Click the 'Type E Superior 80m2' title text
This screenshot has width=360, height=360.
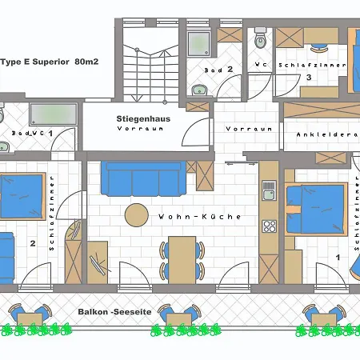(x=50, y=62)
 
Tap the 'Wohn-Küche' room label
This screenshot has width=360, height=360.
(x=199, y=217)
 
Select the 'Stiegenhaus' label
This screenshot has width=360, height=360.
(x=143, y=118)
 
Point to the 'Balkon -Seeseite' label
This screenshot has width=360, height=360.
(x=114, y=312)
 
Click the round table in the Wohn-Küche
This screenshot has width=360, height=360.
(x=137, y=215)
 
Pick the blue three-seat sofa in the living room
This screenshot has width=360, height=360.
(x=143, y=178)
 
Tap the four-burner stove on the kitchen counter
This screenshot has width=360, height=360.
(x=270, y=226)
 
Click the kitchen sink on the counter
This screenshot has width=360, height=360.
(x=269, y=190)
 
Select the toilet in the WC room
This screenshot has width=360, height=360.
(x=260, y=38)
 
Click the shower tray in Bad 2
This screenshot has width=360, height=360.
(x=198, y=44)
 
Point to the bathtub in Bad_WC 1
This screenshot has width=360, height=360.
(x=54, y=114)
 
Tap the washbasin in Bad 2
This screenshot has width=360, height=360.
(x=199, y=90)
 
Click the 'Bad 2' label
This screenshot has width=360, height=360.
(x=218, y=70)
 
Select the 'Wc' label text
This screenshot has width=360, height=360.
(x=261, y=64)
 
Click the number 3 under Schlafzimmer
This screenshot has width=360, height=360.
(x=309, y=78)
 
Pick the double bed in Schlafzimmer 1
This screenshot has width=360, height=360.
(x=316, y=210)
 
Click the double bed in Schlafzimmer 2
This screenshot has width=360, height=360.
(x=22, y=197)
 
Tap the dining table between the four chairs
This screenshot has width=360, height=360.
(x=182, y=260)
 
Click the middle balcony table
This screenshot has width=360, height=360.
(x=179, y=319)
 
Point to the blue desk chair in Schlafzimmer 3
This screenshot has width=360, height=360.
(x=318, y=48)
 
